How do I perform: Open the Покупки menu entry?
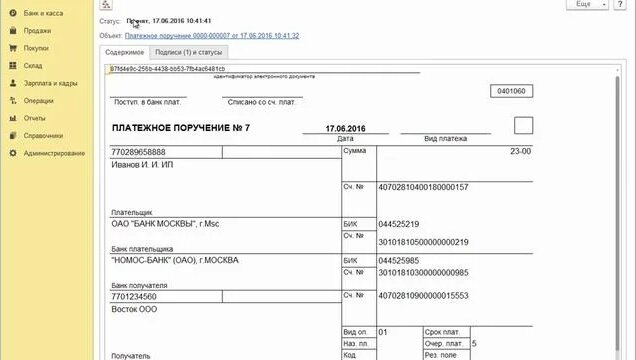point(37,48)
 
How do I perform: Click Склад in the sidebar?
point(34,66)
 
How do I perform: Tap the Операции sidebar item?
point(39,101)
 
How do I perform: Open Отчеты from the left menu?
point(35,118)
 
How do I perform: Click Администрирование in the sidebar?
point(54,153)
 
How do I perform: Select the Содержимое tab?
point(125,52)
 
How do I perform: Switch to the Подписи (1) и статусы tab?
point(190,52)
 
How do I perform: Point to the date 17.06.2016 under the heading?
point(346,128)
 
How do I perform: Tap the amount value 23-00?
point(520,151)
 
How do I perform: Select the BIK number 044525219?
point(399,224)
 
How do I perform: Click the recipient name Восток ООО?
point(132,309)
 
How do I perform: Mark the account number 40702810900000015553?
point(423,296)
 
